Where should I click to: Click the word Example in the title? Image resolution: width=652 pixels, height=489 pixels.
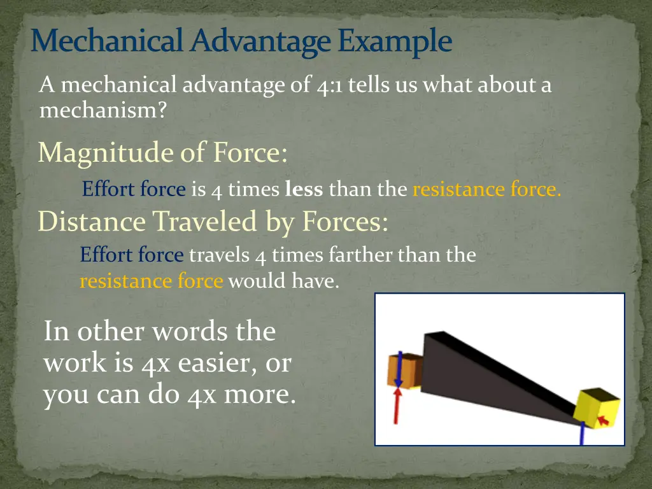(x=395, y=42)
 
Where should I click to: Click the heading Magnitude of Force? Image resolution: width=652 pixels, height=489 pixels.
(x=162, y=153)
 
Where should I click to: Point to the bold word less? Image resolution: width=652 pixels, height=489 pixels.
(x=304, y=190)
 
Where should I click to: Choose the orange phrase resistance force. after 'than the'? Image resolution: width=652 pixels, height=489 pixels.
(x=487, y=190)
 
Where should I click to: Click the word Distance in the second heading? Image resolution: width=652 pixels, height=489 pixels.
(x=92, y=222)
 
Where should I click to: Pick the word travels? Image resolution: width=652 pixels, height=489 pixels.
(x=219, y=255)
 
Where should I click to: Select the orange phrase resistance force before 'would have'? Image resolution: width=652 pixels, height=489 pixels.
(x=152, y=281)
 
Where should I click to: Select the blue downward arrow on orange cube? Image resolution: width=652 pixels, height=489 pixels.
(x=397, y=369)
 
